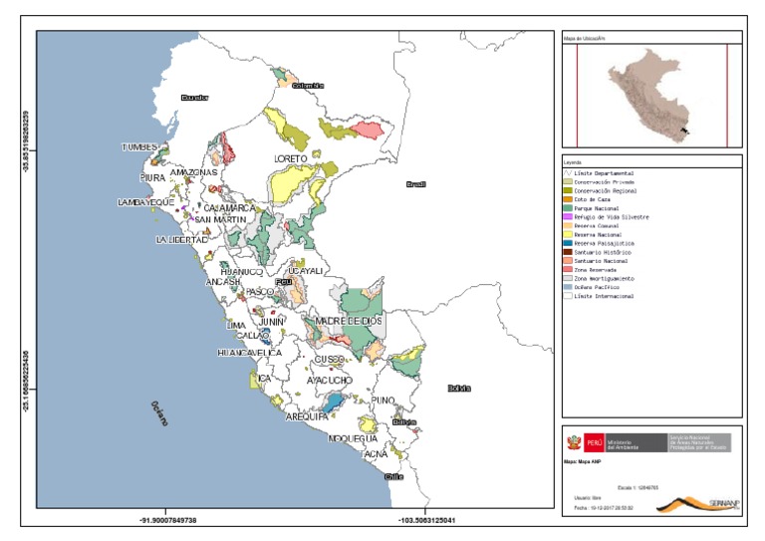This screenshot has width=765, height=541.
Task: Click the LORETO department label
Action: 291,158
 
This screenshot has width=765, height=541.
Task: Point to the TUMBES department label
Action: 140,147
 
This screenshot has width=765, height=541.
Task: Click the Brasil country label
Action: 415,184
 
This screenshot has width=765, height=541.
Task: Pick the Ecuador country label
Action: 194,97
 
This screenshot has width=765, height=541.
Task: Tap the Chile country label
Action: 393,476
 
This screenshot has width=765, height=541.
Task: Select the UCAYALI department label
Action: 304,271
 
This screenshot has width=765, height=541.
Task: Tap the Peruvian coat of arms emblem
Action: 573,441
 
